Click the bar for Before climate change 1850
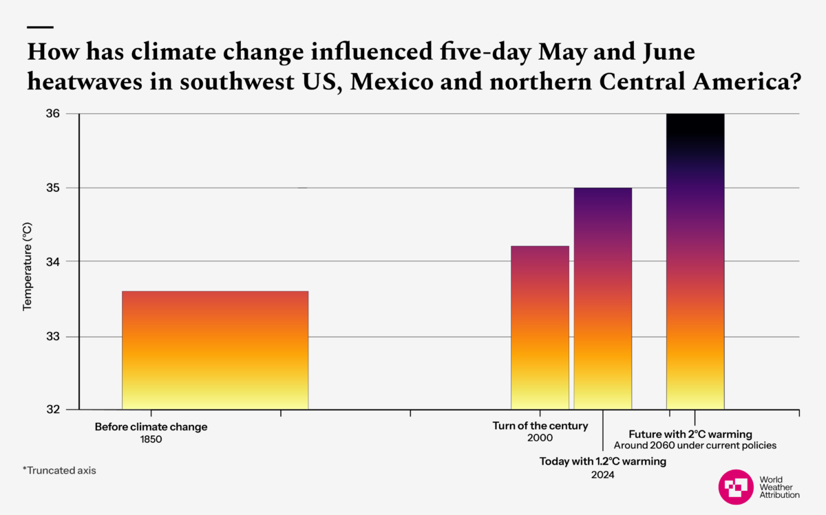tap(215, 350)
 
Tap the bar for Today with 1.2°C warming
tap(603, 298)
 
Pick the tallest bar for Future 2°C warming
tap(695, 261)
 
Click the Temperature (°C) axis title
tap(28, 266)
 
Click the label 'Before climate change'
tap(151, 427)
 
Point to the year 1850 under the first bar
tap(151, 439)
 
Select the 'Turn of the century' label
tap(540, 426)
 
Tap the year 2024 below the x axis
tap(603, 474)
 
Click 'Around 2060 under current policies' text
tap(695, 446)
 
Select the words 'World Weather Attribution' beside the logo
tap(779, 487)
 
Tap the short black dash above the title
tap(40, 28)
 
